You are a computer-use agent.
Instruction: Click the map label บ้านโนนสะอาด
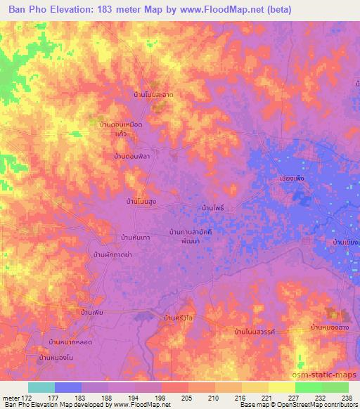click(154, 93)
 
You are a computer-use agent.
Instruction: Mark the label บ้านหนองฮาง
click(330, 327)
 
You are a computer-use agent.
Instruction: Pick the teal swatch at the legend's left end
click(41, 387)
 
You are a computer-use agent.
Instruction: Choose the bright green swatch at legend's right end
click(335, 387)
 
